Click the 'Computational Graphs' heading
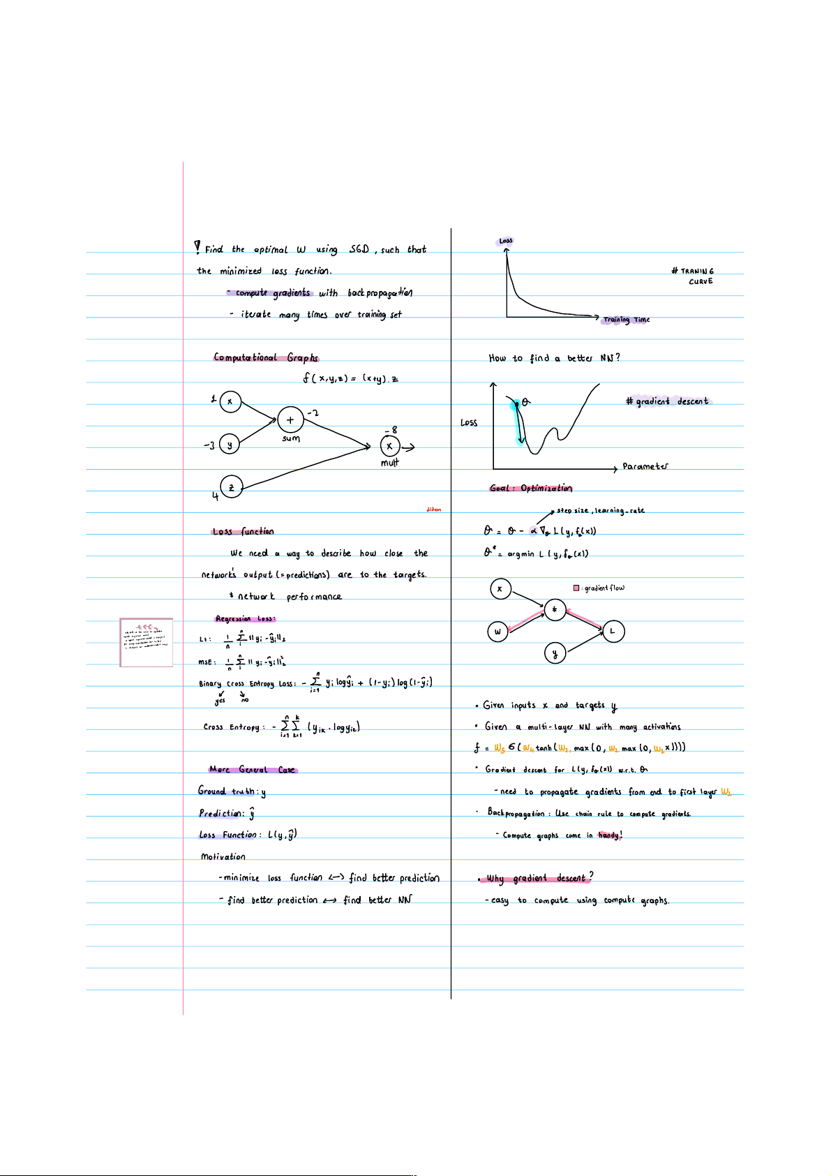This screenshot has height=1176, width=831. coord(266,358)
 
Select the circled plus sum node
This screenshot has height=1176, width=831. coord(290,420)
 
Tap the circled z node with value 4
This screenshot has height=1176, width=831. coord(231,487)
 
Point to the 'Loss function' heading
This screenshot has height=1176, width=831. coord(243,532)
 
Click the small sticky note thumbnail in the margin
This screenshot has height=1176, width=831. coord(147,642)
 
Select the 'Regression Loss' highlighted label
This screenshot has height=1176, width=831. coord(245,619)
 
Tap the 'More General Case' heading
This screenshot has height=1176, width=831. coord(253,770)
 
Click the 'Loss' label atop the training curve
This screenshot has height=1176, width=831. coord(506,241)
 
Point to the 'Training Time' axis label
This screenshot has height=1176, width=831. coord(627,320)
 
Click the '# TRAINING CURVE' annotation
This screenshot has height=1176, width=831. coord(694,276)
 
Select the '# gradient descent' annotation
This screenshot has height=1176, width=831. coord(667,401)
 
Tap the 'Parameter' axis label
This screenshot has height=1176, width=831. coord(645,466)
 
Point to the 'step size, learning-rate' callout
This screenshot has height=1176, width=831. coord(600,511)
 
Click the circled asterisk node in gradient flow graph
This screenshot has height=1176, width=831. coord(555,611)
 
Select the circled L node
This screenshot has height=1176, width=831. coord(613,632)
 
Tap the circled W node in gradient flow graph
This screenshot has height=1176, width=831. coord(497,632)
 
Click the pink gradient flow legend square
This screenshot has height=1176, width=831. coord(576,588)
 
